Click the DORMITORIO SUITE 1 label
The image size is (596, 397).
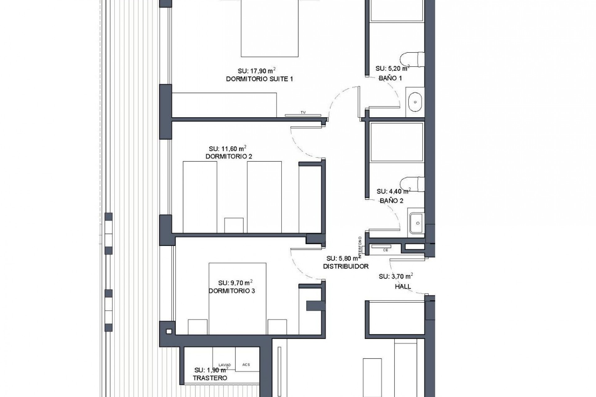coord(259,79)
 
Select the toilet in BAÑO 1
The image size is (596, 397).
coord(412,60)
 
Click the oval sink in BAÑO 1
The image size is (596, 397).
coord(415,102)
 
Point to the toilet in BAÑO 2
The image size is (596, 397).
coord(412,184)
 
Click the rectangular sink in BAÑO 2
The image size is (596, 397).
coord(417,223)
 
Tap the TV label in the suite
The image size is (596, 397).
coord(303,113)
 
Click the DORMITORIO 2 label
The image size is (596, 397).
coord(229,157)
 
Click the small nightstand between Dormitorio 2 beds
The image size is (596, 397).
coord(233,225)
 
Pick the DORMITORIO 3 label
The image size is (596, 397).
coord(232,291)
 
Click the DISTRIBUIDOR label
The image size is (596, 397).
coord(346,266)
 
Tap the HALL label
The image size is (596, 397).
coord(403,287)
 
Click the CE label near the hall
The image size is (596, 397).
coord(386,250)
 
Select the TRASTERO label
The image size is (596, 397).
coord(210,378)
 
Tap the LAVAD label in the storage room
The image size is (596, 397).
coord(224,365)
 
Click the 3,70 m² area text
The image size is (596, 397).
coord(395,276)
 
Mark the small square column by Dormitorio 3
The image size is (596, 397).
coord(169,332)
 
